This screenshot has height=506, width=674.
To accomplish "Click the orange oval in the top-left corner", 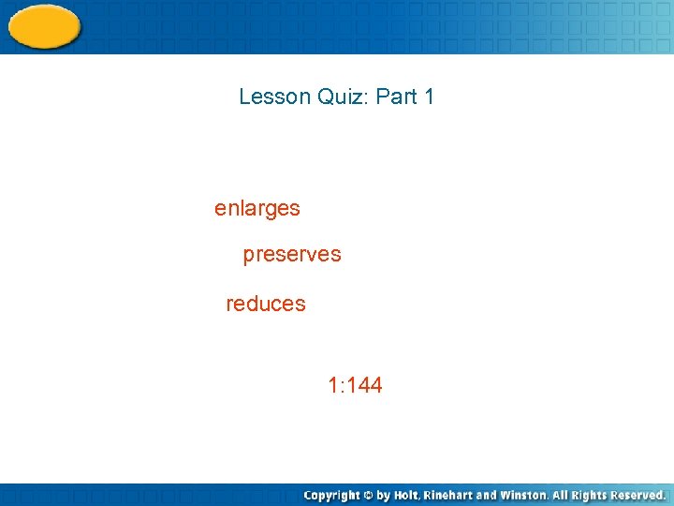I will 43,26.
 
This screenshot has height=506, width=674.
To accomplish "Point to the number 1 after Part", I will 429,97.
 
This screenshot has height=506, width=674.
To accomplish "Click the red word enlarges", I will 257,209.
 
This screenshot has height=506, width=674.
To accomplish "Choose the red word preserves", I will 292,254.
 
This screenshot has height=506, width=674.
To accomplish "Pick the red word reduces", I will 266,304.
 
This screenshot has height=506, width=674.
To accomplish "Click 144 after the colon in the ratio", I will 364,385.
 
